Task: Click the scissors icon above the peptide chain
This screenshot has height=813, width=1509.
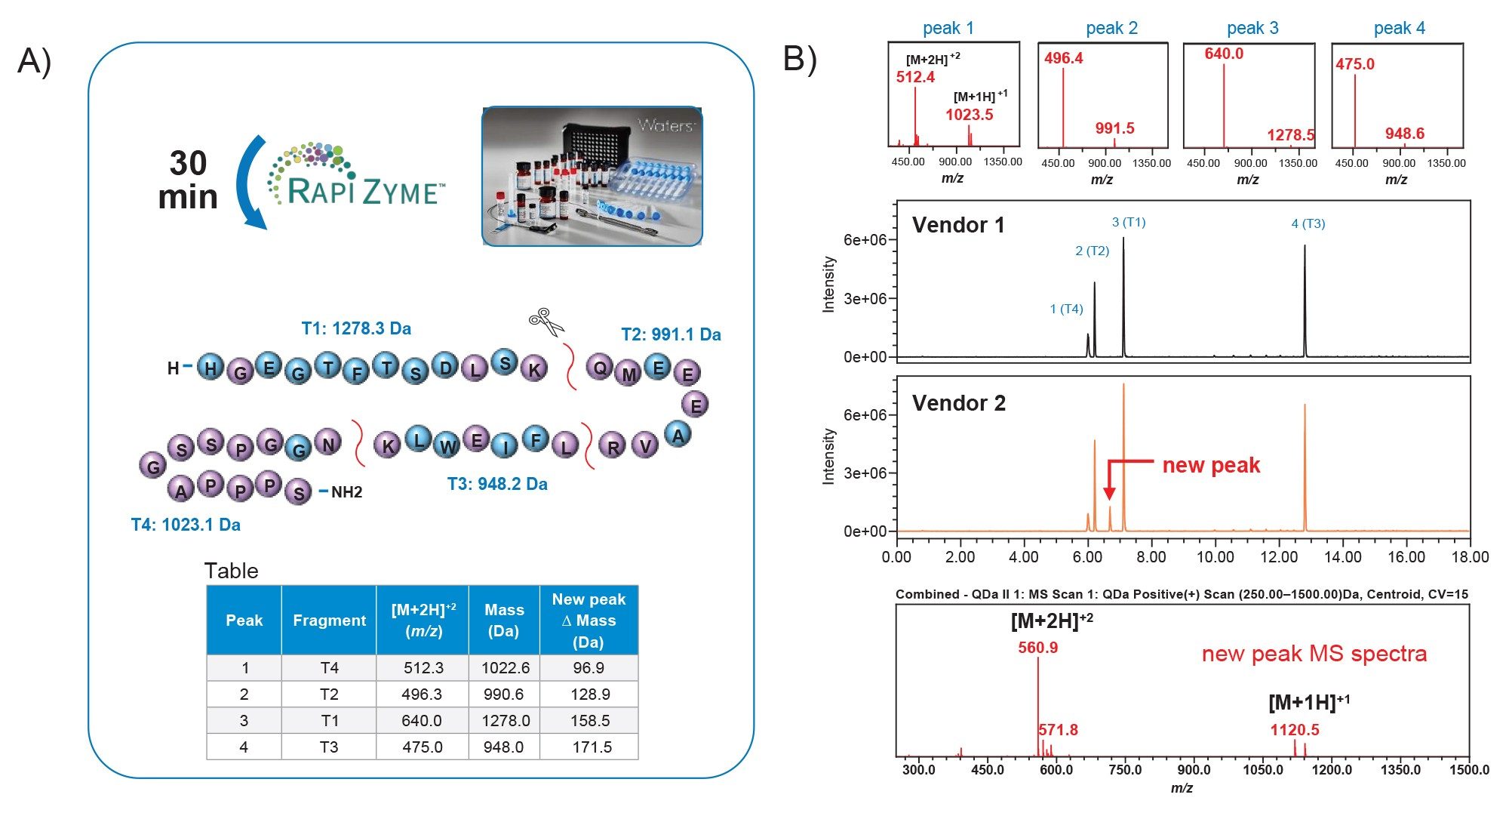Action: coord(546,322)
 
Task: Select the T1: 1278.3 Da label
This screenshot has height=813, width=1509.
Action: coord(356,328)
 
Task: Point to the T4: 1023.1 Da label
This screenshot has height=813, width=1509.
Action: coord(186,525)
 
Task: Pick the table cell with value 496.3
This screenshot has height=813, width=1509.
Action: coord(422,694)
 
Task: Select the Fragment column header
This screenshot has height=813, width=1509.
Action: coord(329,621)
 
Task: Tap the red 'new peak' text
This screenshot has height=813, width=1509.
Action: coord(1210,465)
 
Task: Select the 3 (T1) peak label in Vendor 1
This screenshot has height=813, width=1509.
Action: coord(1128,222)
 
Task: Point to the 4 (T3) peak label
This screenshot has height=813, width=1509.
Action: coord(1308,223)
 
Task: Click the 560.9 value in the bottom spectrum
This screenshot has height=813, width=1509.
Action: coord(1037,648)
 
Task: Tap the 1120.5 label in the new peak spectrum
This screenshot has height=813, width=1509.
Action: coord(1294,729)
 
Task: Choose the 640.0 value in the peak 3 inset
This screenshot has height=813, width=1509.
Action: coord(1223,54)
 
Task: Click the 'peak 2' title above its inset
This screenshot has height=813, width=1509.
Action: coord(1111,29)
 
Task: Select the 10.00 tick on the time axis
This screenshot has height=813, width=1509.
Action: coord(1215,557)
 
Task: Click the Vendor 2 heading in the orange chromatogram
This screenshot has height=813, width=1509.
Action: coord(958,403)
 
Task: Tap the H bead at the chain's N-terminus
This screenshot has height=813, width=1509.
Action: coord(211,368)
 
